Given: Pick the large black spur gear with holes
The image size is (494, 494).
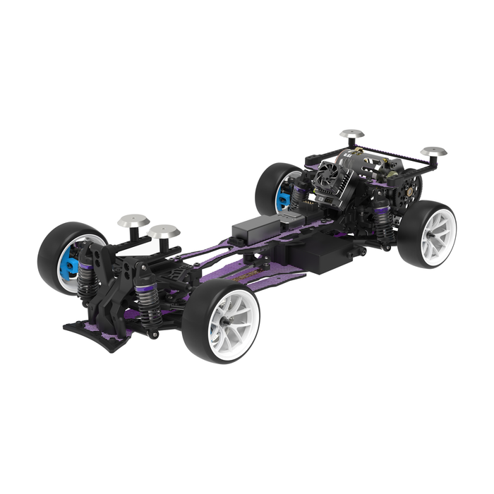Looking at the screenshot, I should (409, 185).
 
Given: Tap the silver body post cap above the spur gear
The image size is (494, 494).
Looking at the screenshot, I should (433, 152).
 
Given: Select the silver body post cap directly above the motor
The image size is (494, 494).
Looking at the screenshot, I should (351, 133).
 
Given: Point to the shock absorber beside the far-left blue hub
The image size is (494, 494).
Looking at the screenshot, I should (88, 276).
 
